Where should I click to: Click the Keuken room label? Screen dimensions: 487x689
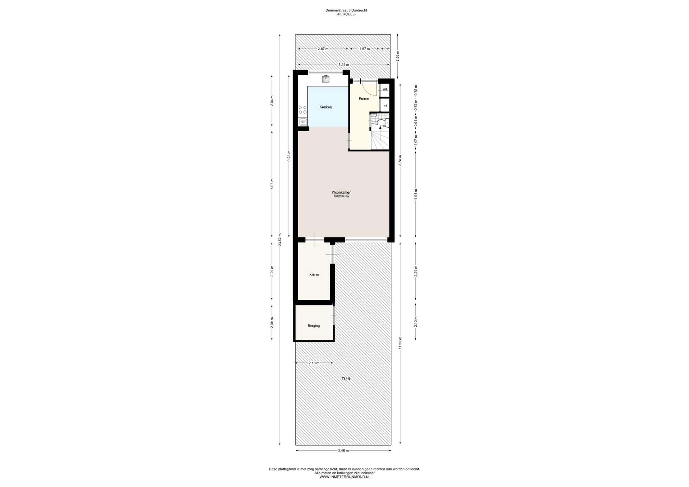[325, 107]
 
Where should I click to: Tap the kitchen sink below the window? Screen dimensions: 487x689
[326, 79]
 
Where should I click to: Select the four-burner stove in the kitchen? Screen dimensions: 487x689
[303, 110]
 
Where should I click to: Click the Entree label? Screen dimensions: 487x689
[364, 99]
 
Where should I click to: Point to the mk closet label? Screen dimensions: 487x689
[385, 90]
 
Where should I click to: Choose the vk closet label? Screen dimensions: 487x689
[385, 106]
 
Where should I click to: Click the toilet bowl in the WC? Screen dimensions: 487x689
[381, 123]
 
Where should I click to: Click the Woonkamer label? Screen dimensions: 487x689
[341, 193]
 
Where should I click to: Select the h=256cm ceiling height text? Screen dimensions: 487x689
[341, 197]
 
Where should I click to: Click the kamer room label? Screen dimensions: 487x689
[314, 275]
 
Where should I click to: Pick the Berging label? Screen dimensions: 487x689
[314, 326]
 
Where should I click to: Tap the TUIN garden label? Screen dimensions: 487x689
[346, 379]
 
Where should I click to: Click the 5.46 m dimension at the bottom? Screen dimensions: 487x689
[343, 451]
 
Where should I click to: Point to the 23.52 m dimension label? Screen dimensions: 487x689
[280, 240]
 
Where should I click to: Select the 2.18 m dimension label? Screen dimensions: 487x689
[314, 363]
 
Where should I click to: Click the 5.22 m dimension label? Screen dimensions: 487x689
[343, 65]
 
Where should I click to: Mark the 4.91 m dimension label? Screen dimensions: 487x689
[416, 194]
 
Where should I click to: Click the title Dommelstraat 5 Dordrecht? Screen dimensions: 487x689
[346, 10]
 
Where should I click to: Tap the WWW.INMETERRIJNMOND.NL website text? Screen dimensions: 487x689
[344, 477]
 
